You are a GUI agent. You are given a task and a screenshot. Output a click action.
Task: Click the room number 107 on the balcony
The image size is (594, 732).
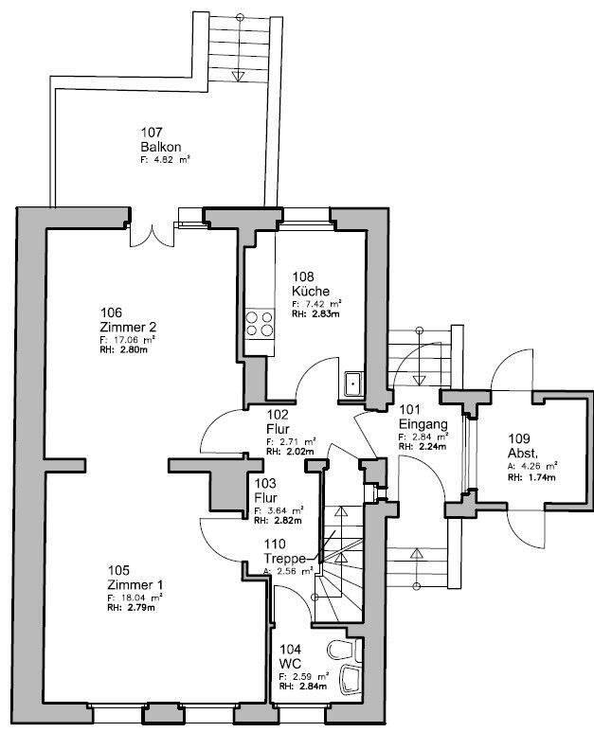[153, 133]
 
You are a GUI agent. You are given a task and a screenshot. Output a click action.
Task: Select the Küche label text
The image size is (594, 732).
[311, 291]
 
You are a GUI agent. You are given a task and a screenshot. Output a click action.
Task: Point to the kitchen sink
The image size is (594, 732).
[352, 384]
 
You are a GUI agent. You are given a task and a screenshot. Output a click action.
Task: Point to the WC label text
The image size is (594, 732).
[290, 664]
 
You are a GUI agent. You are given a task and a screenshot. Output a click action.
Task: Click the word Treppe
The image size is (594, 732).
[284, 559]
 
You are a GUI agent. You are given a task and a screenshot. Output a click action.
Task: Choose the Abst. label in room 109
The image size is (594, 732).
[523, 453]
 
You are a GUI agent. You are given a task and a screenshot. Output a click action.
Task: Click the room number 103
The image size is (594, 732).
[264, 483]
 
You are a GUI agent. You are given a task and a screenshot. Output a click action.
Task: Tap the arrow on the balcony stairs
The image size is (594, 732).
[241, 76]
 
